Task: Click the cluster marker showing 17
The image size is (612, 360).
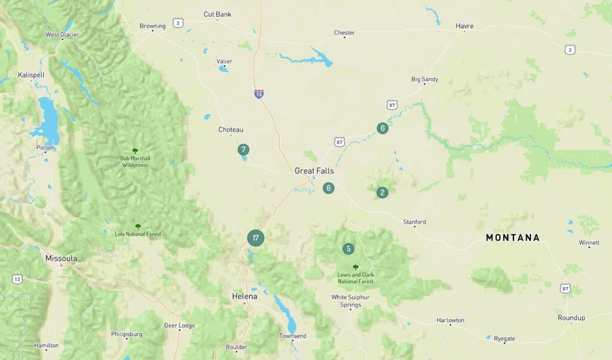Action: click(256, 238)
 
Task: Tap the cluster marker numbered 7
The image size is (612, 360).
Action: click(243, 150)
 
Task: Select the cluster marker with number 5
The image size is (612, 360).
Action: click(348, 249)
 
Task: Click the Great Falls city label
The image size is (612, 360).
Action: click(314, 171)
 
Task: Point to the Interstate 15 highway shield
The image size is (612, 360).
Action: click(259, 94)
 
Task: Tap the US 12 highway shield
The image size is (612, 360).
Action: click(17, 279)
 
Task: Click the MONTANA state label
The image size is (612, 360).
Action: click(513, 238)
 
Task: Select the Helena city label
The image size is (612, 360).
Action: click(244, 297)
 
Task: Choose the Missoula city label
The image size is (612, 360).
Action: click(61, 258)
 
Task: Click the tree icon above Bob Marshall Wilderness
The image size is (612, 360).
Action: click(135, 151)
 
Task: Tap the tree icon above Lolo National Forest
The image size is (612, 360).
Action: click(138, 227)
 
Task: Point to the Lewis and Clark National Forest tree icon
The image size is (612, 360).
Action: click(356, 267)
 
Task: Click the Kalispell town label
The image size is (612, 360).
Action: click(31, 75)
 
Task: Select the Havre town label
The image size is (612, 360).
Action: click(464, 26)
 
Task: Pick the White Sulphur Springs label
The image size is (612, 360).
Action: click(350, 301)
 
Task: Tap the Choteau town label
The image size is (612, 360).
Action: click(231, 130)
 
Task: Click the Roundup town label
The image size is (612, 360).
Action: click(571, 318)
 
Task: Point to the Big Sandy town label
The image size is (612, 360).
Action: click(424, 79)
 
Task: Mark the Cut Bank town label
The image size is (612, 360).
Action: click(218, 14)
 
